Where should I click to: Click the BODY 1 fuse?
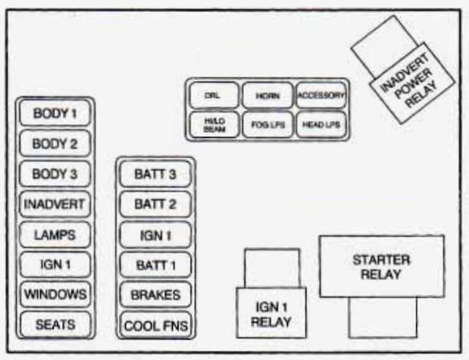coord(55,113)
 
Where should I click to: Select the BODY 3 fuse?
coord(55,174)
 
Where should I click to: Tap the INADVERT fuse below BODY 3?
coord(55,204)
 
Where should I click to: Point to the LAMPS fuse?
coord(55,234)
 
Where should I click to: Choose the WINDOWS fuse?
coord(55,294)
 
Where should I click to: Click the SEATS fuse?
coord(55,324)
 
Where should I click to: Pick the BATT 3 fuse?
coord(155,174)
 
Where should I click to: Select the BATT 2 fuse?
coord(155,204)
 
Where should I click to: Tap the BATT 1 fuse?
coord(155,265)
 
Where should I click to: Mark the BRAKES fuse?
coord(155,294)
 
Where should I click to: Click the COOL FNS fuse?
coord(155,325)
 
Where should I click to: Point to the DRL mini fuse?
coord(213,95)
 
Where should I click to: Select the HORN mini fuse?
coord(266,95)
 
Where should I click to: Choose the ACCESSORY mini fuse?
coord(320,95)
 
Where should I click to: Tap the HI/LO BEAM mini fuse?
coord(213,124)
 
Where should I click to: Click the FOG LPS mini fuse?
coord(266,124)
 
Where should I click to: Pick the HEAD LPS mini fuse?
coord(320,124)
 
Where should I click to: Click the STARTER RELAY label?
coord(381,267)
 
